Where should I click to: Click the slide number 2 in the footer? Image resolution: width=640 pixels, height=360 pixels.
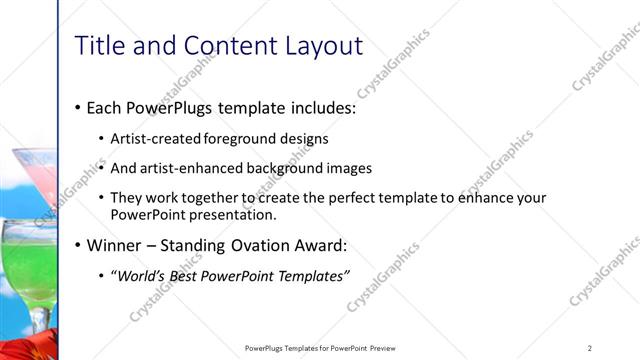pyautogui.click(x=590, y=348)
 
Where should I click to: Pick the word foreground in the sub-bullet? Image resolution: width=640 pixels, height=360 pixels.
pyautogui.click(x=243, y=139)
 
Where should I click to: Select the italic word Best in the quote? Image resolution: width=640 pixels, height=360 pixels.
pyautogui.click(x=193, y=276)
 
